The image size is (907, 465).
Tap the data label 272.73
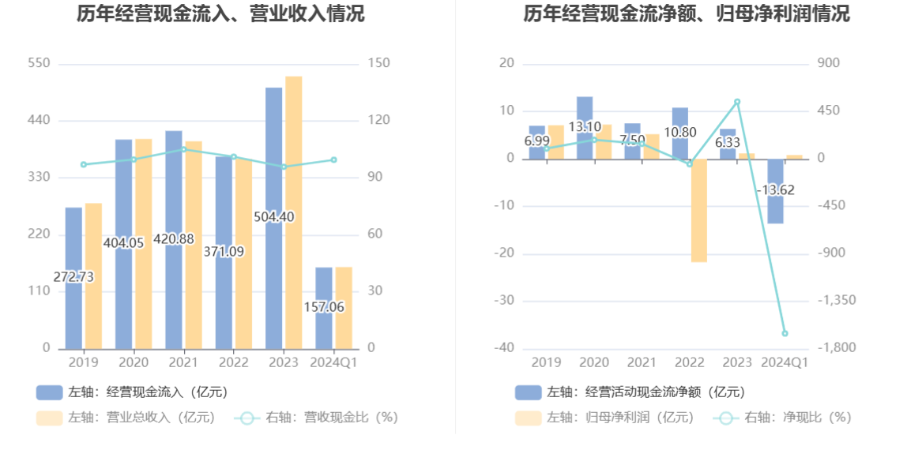tap(73, 277)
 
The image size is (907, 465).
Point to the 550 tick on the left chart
tap(39, 63)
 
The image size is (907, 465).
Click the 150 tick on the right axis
tap(378, 63)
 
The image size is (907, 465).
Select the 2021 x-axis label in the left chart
tap(183, 362)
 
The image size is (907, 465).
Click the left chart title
tap(220, 14)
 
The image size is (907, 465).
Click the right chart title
tap(686, 14)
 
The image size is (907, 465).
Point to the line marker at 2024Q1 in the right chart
tap(785, 333)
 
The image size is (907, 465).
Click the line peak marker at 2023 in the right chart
tap(737, 102)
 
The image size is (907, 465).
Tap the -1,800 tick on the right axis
tap(836, 348)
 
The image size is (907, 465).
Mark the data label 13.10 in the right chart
tap(585, 126)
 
